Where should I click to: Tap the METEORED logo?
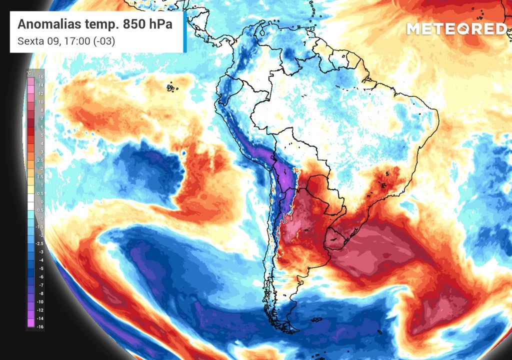[x=456, y=29]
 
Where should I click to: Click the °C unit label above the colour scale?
[x=29, y=73]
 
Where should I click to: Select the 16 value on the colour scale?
[x=41, y=77]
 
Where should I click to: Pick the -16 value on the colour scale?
[x=40, y=325]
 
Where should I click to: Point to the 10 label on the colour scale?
[x=41, y=102]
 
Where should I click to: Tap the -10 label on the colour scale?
[x=40, y=301]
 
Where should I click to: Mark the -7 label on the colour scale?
[x=41, y=285]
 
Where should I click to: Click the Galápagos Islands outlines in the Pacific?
[x=172, y=87]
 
